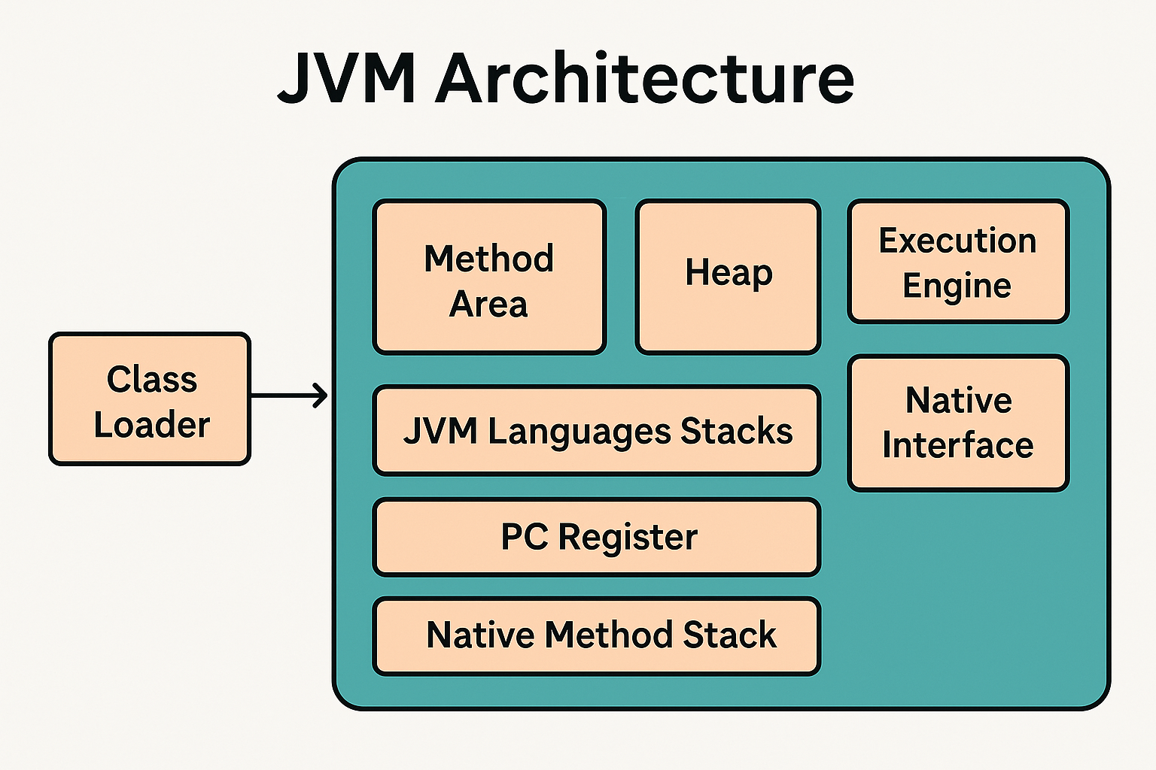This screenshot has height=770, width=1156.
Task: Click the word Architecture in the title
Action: (645, 77)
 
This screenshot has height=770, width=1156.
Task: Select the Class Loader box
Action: (150, 399)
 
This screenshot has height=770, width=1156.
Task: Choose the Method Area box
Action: (488, 277)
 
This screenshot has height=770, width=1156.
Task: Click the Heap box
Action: (728, 277)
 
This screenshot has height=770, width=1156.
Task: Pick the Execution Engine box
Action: (958, 262)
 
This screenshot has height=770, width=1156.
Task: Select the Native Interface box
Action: (958, 423)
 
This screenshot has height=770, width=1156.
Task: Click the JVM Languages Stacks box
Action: (597, 430)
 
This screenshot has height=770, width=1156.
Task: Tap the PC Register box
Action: (597, 537)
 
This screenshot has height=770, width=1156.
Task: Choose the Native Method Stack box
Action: (597, 636)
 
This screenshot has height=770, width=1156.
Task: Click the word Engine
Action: (957, 286)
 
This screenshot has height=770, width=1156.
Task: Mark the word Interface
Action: (958, 444)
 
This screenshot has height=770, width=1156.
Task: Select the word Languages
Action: (579, 432)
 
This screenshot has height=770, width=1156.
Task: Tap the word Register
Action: (628, 538)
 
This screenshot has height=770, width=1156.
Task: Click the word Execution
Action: (957, 241)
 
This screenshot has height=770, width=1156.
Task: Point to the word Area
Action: (488, 304)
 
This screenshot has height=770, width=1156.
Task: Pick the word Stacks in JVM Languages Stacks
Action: (737, 430)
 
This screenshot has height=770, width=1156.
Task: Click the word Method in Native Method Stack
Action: (608, 635)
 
